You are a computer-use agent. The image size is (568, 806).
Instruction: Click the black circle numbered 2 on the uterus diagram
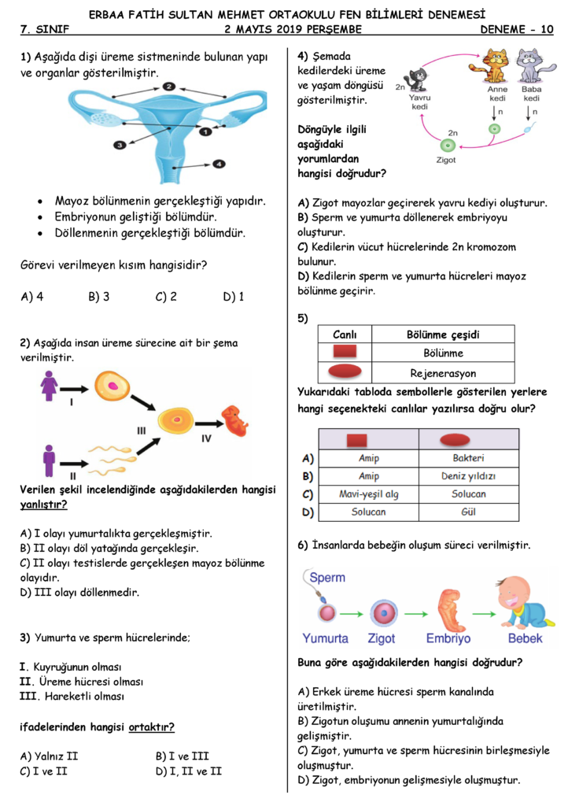point(169,87)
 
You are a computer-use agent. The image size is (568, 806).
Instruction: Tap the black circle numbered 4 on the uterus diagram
point(219,164)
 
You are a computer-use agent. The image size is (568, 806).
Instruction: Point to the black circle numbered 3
point(120,145)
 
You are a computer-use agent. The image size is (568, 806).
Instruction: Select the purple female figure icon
point(49,386)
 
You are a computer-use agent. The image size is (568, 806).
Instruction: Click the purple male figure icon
point(50,460)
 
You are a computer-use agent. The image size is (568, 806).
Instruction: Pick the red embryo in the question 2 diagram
point(234,420)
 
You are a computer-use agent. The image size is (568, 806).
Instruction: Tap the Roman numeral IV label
point(206,438)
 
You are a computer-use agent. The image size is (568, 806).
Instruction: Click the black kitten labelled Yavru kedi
point(416,79)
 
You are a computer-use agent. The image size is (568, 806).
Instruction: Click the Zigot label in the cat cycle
point(446,160)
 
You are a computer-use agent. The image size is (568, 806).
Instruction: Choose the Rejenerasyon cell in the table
point(443,373)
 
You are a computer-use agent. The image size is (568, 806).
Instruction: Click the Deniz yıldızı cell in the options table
point(468,476)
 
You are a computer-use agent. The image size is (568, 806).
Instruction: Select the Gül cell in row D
point(468,512)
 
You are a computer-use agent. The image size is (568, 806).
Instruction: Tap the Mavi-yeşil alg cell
point(369,494)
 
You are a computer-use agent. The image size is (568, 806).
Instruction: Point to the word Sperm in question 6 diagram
point(327,577)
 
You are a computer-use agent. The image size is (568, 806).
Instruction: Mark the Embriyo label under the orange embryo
point(448,638)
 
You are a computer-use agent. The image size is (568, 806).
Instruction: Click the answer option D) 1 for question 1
point(234,297)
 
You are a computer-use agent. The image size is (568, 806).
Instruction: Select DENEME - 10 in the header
point(517,29)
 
